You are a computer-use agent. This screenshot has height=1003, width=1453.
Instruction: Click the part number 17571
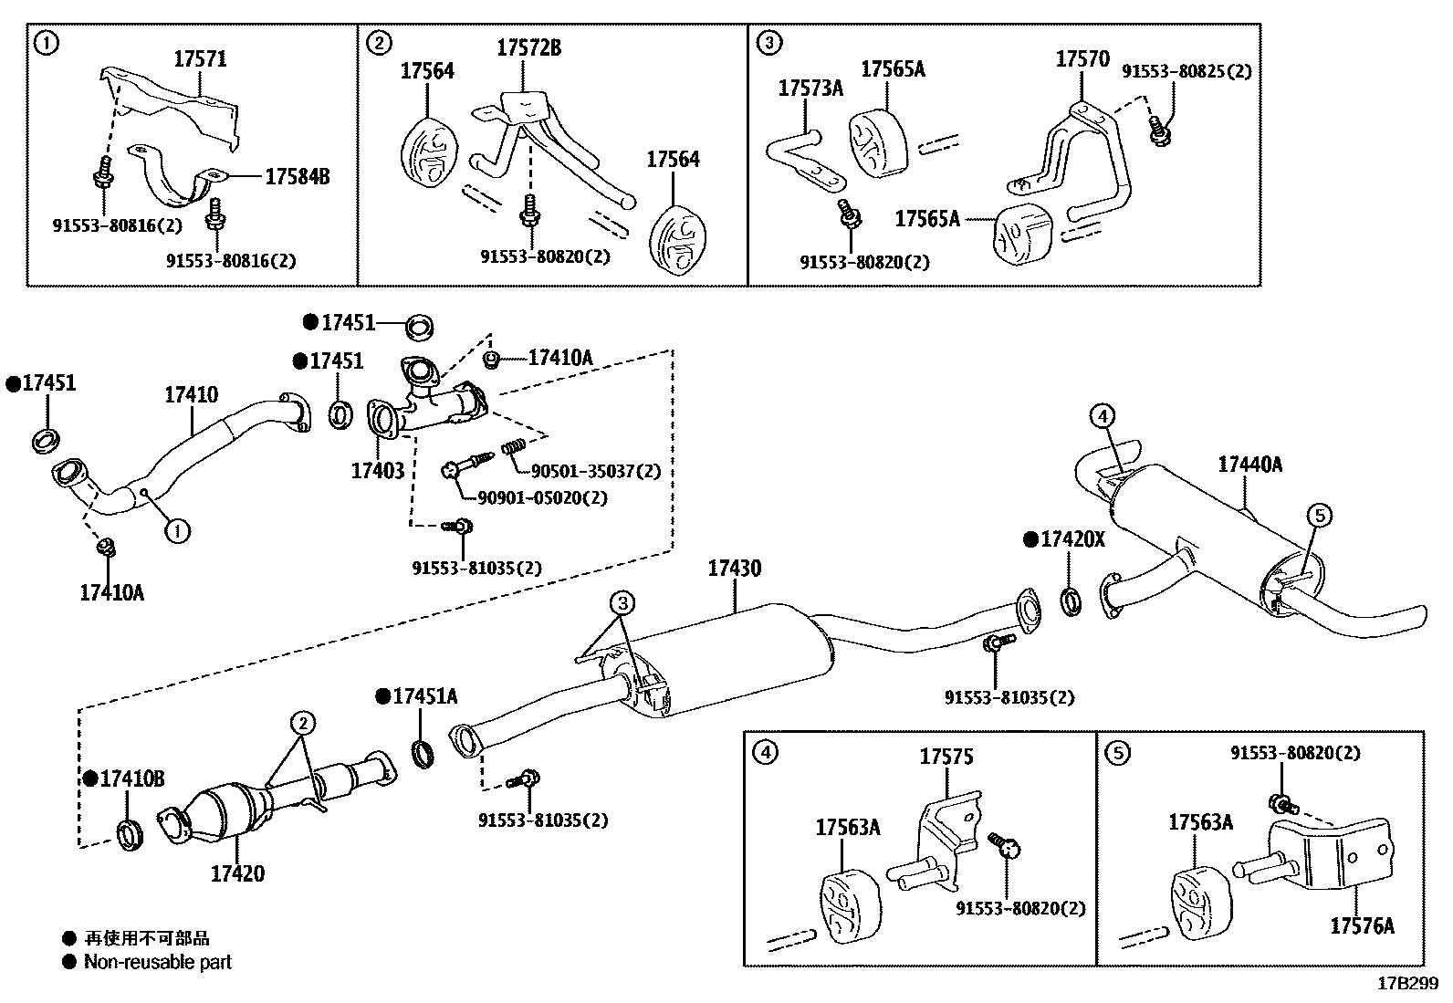pos(200,59)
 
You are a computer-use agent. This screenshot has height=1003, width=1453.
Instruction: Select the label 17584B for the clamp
pos(297,176)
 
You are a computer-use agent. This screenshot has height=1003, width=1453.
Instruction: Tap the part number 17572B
pos(528,48)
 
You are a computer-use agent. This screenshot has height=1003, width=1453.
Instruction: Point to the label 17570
pos(1082,59)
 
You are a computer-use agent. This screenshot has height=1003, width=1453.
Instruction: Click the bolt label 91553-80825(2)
pos(1186,71)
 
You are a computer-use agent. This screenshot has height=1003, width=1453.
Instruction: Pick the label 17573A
pos(810,89)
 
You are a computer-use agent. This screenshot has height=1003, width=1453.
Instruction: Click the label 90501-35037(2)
pos(596,472)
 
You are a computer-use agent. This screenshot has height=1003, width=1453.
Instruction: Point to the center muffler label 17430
pos(734,569)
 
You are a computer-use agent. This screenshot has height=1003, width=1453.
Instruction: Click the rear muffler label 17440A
pos(1249,465)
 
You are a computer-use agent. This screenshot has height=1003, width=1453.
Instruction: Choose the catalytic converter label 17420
pos(237,873)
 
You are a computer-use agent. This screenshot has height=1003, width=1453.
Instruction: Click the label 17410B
pos(132,778)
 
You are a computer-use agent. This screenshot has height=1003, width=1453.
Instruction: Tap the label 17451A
pos(424,696)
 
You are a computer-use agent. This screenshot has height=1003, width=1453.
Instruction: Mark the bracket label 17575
pos(946,757)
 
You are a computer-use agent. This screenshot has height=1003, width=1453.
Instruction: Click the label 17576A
pos(1362,926)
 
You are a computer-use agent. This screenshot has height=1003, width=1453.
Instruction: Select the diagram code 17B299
pos(1407,984)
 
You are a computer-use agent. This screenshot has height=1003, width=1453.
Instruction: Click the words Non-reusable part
pos(158,962)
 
